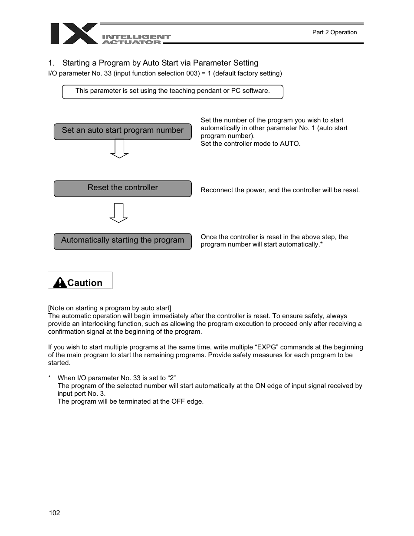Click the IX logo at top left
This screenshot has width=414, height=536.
74,33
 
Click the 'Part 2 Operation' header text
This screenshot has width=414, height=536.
334,32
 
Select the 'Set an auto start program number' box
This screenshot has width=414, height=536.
122,131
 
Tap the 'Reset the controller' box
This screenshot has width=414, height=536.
122,188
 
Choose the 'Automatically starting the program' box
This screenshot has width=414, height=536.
122,241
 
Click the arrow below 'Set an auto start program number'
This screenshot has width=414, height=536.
119,148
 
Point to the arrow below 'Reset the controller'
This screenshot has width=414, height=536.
118,213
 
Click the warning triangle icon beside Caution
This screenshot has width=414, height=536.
59,283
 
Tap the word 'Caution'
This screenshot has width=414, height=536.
85,283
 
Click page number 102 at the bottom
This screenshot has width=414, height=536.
54,513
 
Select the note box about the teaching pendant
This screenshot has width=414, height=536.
172,91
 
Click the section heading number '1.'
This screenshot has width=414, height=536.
51,63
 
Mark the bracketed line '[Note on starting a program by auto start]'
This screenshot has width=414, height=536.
109,308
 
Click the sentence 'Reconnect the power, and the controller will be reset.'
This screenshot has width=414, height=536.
280,190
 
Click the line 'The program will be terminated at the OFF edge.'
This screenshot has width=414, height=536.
130,401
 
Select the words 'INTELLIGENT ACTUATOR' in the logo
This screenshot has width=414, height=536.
136,39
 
